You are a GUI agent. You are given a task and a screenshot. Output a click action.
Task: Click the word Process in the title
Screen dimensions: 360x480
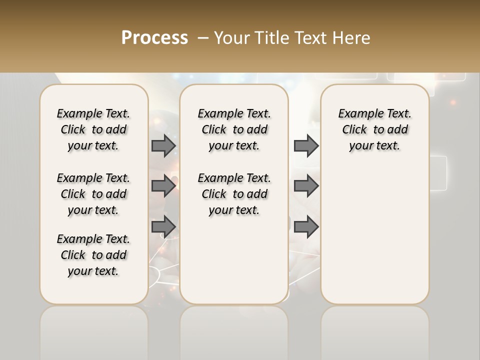point(154,38)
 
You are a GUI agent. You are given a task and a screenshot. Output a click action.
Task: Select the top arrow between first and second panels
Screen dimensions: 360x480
point(163,145)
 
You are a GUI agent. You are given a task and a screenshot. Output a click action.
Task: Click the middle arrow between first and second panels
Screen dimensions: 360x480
point(163,186)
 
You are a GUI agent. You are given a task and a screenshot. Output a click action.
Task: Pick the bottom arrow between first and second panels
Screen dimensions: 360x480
point(163,226)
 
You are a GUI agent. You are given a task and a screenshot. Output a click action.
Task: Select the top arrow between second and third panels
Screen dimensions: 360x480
point(306,145)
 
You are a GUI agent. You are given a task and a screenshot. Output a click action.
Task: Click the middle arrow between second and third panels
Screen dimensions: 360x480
point(306,186)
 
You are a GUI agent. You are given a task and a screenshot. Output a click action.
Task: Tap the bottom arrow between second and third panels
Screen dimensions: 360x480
point(306,226)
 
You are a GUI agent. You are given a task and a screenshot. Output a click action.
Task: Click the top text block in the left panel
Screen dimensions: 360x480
point(93,129)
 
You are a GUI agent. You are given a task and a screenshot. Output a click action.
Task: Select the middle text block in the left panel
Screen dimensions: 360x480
point(93,194)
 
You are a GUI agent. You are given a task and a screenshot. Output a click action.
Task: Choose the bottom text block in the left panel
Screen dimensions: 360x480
point(93,255)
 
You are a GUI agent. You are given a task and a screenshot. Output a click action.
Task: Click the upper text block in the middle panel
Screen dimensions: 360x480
point(234,129)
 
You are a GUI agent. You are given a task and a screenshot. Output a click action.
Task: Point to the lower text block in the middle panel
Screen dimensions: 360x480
point(234,194)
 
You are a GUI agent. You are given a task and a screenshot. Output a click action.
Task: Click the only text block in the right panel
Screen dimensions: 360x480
point(374,129)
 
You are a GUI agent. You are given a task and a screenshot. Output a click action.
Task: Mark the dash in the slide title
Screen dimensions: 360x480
point(203,38)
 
